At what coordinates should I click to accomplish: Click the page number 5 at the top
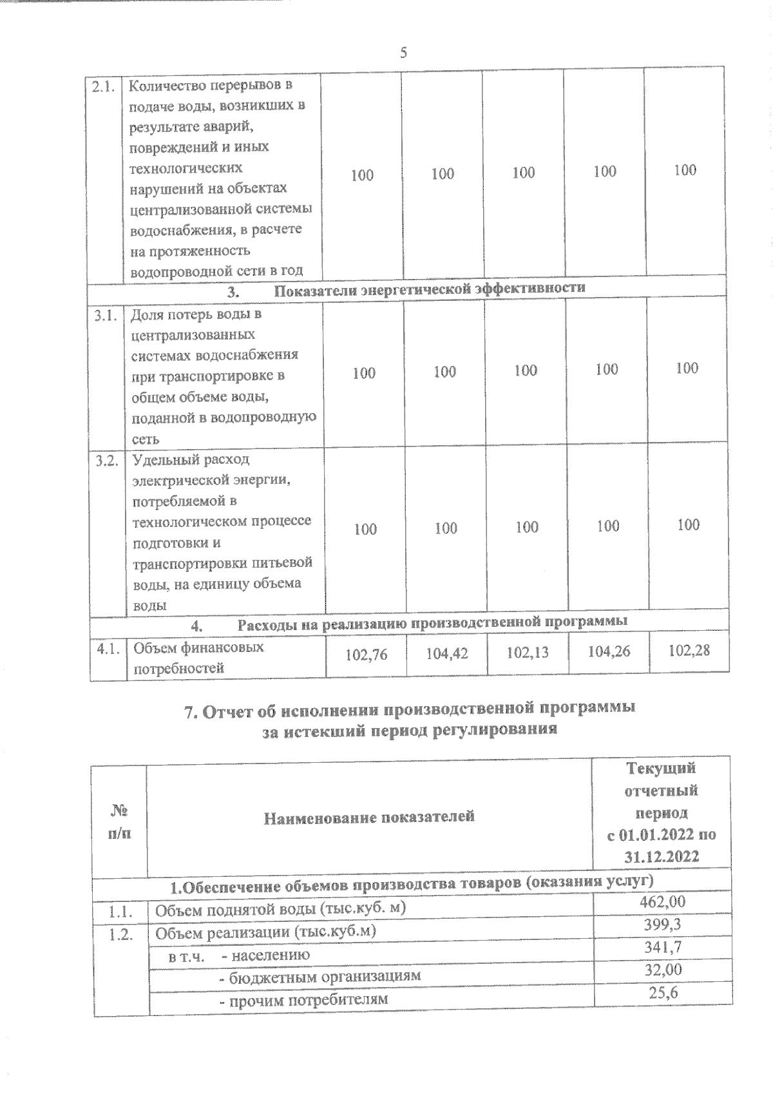(x=403, y=53)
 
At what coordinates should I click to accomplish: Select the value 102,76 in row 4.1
(x=366, y=655)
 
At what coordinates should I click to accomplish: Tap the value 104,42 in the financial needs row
(x=447, y=653)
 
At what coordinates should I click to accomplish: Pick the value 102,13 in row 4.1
(x=528, y=652)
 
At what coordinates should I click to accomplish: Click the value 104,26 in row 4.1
(x=609, y=651)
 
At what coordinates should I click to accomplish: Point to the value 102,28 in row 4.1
(x=689, y=650)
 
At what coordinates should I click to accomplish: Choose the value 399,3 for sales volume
(x=663, y=925)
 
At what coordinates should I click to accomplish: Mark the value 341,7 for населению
(x=663, y=947)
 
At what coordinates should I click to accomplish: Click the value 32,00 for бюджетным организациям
(x=663, y=970)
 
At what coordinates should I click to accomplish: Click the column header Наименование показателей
(x=369, y=817)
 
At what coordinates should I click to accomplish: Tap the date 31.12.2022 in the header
(x=662, y=857)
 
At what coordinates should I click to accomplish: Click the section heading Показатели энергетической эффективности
(x=430, y=288)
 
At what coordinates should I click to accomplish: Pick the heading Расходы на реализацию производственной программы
(x=432, y=622)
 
